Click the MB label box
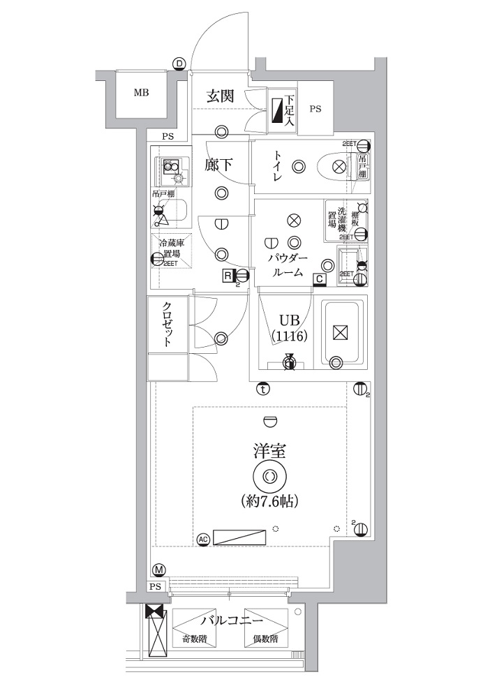point(141,92)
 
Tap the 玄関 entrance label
point(219,97)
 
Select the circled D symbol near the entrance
point(179,64)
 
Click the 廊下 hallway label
point(219,165)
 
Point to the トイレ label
point(277,167)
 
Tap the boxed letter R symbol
point(228,275)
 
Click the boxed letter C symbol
point(319,280)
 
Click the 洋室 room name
point(269,449)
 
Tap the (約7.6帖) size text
point(270,501)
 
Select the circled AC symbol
point(203,539)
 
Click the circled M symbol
point(159,570)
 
